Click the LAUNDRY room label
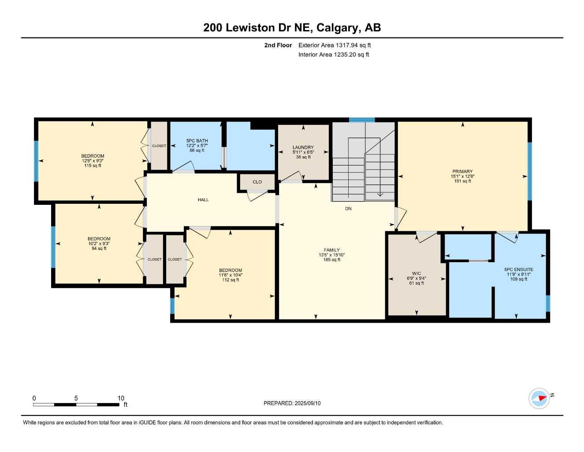[x=303, y=147]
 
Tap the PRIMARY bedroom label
[x=462, y=171]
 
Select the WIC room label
[x=417, y=273]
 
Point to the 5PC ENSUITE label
[x=519, y=269]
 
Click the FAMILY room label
[x=332, y=250]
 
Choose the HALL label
[x=203, y=200]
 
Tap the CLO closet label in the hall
[x=257, y=182]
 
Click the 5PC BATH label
[x=197, y=141]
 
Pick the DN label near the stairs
[x=348, y=209]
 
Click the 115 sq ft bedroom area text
[x=93, y=166]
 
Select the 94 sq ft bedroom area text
[x=99, y=249]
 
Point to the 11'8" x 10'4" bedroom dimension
[x=231, y=275]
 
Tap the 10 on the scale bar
[x=121, y=398]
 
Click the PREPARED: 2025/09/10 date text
[x=292, y=403]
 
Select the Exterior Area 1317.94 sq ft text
[x=335, y=45]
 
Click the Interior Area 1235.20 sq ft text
[x=334, y=55]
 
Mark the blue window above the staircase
[x=362, y=120]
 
